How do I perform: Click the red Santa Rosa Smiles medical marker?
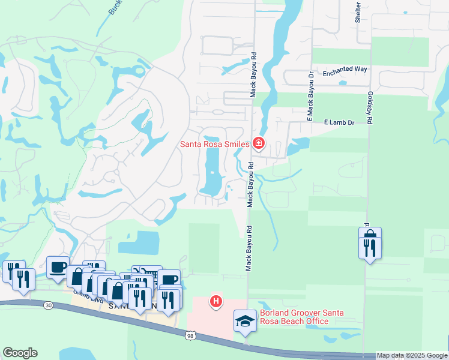(x=259, y=143)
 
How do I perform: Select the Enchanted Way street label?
(x=345, y=70)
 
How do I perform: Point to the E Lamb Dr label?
(x=340, y=122)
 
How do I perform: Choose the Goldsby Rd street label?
(x=370, y=109)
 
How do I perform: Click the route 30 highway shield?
(x=47, y=305)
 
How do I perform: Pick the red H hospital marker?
(x=215, y=301)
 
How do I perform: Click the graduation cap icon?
(x=245, y=322)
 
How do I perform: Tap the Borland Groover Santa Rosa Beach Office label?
(x=294, y=317)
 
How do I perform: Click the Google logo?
(x=20, y=353)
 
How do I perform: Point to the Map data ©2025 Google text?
(x=412, y=355)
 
